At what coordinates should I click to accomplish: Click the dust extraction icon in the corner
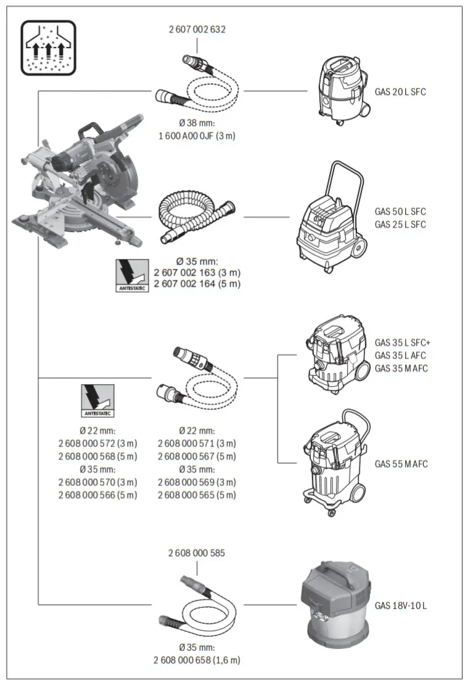[49, 47]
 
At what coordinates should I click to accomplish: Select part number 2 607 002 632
[197, 30]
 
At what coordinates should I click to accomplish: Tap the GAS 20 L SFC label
[400, 92]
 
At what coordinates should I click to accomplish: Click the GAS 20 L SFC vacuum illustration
[340, 88]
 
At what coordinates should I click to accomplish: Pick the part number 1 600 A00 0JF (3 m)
[197, 136]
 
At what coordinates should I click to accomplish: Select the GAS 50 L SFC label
[400, 211]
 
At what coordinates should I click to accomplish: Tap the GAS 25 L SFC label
[400, 224]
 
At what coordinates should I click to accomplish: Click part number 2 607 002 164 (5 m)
[197, 284]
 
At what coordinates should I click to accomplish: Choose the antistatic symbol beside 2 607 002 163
[133, 275]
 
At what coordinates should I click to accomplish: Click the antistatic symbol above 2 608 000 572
[97, 401]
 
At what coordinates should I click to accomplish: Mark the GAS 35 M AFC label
[402, 368]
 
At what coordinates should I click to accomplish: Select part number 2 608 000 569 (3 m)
[197, 482]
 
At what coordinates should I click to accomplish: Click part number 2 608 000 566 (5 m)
[97, 495]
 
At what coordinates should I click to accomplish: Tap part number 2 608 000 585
[197, 553]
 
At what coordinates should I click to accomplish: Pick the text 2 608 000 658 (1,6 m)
[197, 660]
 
